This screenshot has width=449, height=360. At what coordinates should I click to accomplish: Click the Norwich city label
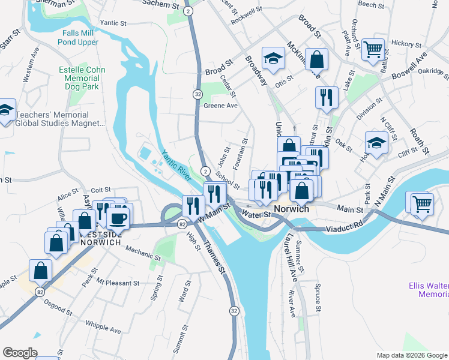tap(291, 209)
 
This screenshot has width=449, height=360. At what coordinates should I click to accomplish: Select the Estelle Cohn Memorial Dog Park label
tap(82, 78)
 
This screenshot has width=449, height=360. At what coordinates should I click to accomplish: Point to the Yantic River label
tap(175, 166)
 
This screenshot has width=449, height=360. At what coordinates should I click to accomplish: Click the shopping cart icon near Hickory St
tap(373, 50)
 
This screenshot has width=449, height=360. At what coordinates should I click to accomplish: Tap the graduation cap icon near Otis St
tap(274, 59)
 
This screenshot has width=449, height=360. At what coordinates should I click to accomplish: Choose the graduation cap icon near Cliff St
tap(376, 143)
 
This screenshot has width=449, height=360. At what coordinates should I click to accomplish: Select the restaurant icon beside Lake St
tap(327, 97)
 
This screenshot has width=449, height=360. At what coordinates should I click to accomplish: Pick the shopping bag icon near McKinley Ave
tap(316, 59)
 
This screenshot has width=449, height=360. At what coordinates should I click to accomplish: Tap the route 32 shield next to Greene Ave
tap(197, 94)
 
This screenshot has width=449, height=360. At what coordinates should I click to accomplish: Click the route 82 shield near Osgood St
tap(40, 291)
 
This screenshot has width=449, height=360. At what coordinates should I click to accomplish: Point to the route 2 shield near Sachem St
tap(189, 11)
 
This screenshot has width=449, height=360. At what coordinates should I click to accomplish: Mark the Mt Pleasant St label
tap(118, 283)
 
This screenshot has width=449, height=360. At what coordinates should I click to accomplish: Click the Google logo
tap(20, 353)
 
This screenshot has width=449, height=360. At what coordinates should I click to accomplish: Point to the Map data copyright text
tap(411, 355)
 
